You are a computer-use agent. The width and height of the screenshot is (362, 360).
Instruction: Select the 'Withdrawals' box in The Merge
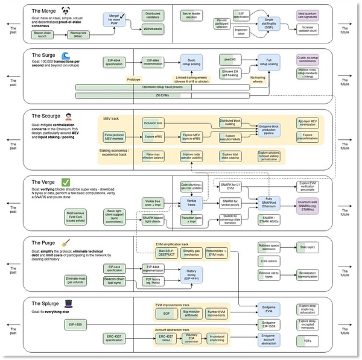tap(154, 28)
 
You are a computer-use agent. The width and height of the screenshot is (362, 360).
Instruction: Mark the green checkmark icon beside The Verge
tap(66, 181)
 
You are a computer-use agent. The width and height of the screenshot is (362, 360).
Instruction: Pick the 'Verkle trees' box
tap(191, 204)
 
